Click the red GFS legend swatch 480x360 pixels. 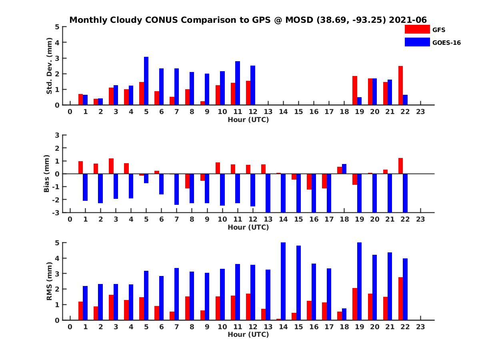[x=417, y=29]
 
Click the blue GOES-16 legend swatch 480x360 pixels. [x=417, y=42]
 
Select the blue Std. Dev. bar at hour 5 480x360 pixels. [x=146, y=81]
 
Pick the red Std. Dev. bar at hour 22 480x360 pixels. [x=400, y=86]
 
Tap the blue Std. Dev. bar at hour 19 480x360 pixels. [x=359, y=101]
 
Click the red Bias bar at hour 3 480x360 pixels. [x=111, y=166]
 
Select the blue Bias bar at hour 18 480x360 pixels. [x=344, y=169]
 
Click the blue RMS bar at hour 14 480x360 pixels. [x=283, y=281]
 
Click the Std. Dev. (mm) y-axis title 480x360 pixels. [x=49, y=66]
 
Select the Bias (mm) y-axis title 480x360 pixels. [x=46, y=173]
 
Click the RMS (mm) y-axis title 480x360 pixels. [x=49, y=281]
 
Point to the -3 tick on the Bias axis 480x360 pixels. [x=57, y=213]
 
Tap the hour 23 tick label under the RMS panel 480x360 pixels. [x=420, y=326]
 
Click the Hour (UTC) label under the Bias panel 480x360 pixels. [x=248, y=227]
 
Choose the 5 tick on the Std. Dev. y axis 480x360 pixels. [x=58, y=27]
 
